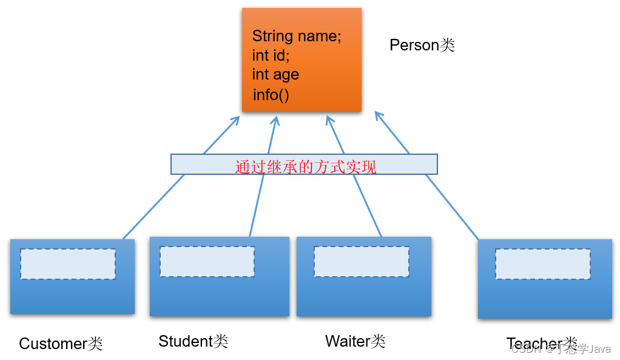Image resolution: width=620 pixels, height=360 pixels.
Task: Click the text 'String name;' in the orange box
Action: tap(297, 36)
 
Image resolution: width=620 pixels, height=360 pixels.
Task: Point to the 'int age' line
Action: tap(275, 75)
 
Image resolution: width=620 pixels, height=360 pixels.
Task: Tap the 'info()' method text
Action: tap(271, 95)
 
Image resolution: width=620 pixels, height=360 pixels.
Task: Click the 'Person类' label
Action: tap(422, 45)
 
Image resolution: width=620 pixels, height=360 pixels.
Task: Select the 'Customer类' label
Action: tap(61, 344)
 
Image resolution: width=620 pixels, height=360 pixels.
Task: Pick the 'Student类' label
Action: tap(193, 341)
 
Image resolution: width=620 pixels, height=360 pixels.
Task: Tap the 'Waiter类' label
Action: tap(355, 341)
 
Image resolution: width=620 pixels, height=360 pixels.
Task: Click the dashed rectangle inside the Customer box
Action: tap(68, 264)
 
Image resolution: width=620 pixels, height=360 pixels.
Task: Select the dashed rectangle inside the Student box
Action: tap(207, 262)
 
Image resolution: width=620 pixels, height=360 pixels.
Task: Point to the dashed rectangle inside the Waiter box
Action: tap(361, 262)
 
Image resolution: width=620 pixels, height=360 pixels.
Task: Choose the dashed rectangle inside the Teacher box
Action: tap(542, 264)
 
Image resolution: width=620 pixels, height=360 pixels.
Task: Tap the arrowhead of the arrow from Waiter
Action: tap(329, 119)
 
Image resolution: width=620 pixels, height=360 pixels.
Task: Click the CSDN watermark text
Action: tap(561, 349)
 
